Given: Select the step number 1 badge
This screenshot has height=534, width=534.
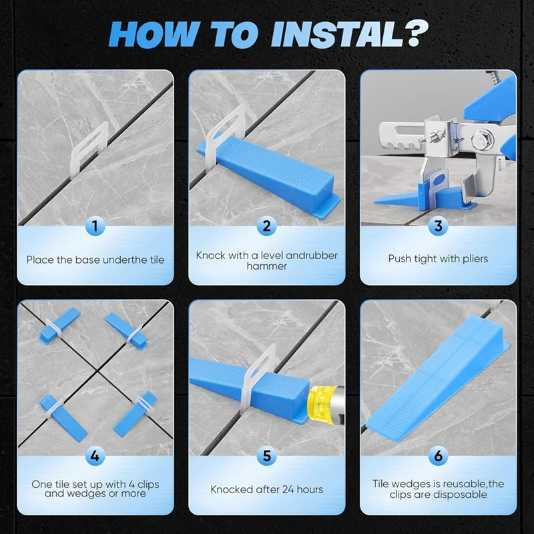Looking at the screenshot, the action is click(x=95, y=226).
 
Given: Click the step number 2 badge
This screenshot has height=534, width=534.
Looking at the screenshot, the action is click(x=266, y=226).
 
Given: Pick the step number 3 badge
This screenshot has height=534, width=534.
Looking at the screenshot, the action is click(x=439, y=226).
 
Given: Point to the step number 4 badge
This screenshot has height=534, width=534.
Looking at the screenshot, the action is click(x=95, y=456).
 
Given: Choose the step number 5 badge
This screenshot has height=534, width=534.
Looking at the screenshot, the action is click(x=266, y=456).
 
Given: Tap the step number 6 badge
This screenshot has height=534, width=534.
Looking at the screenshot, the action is click(x=439, y=456).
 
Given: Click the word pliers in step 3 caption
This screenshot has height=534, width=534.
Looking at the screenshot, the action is click(x=475, y=259).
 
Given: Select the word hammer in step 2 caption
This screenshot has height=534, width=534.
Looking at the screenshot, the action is click(x=266, y=266).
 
